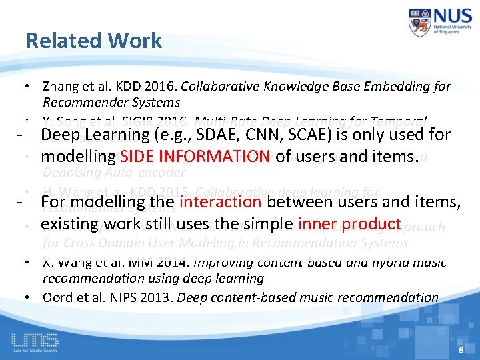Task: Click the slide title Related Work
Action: coord(93,41)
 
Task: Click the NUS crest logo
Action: coord(421,23)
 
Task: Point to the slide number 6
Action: coord(460,350)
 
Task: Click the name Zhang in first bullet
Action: coord(58,87)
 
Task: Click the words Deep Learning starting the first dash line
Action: coord(83,137)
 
